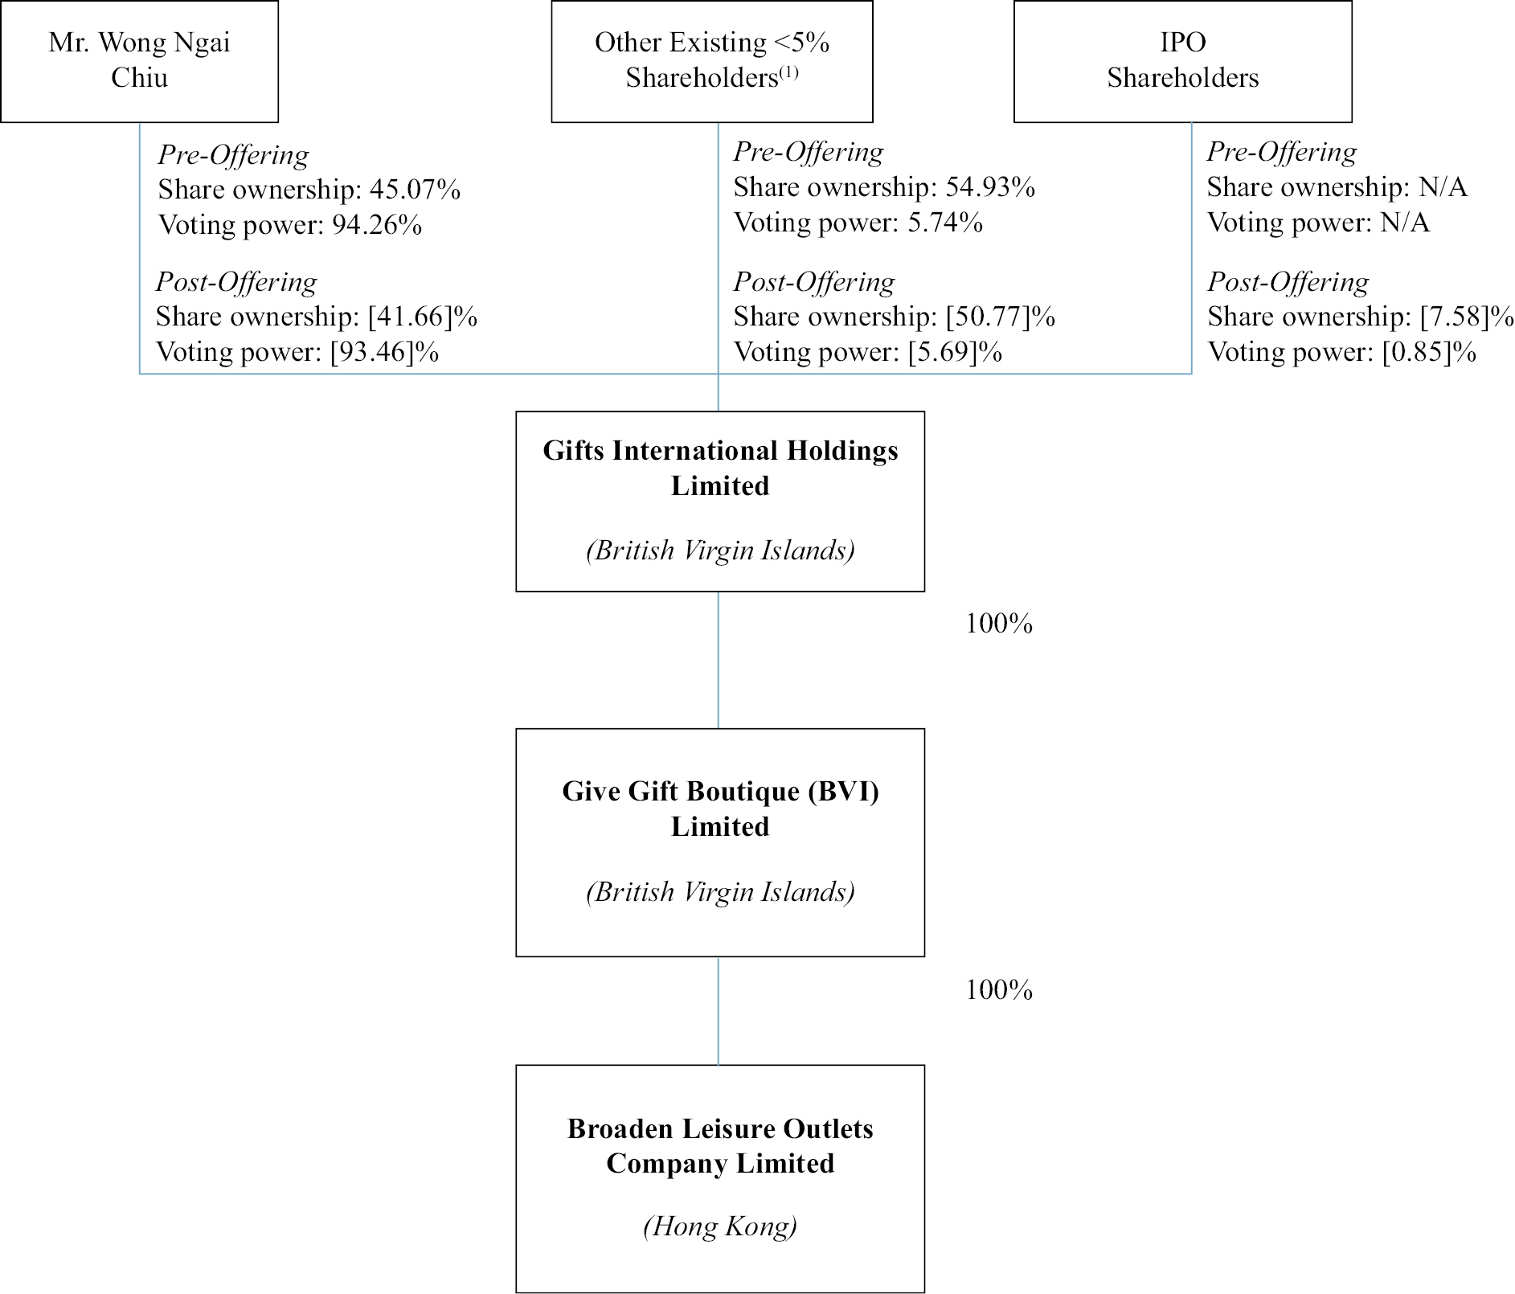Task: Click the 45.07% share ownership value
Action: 415,190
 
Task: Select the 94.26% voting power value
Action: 377,225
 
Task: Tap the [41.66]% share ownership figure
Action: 423,317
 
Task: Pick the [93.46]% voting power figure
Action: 384,352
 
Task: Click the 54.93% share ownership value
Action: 990,187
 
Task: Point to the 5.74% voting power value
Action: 945,223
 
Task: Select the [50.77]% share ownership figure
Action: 1001,317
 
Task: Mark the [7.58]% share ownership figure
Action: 1468,317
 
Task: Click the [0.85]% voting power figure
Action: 1429,352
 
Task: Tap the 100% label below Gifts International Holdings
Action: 999,624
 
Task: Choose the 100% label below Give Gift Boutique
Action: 999,989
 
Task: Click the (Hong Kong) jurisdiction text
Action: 720,1226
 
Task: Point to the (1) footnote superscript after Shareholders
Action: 788,72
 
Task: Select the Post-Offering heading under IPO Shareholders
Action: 1288,282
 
